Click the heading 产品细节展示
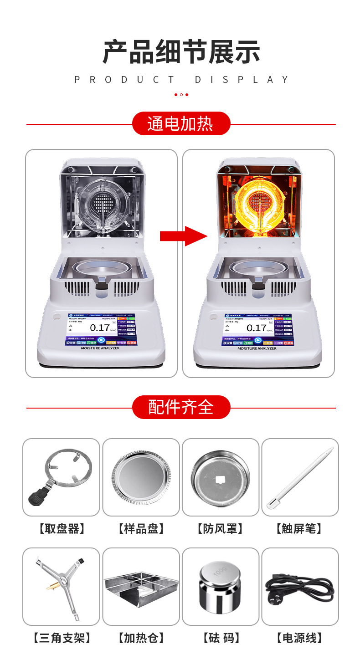click(181, 52)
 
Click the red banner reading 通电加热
click(181, 123)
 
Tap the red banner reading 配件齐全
click(181, 407)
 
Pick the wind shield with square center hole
click(220, 477)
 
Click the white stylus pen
click(300, 477)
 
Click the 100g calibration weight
click(220, 587)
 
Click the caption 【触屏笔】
click(299, 529)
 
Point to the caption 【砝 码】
click(220, 638)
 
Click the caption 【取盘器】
click(61, 529)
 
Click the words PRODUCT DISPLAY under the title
click(181, 80)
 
